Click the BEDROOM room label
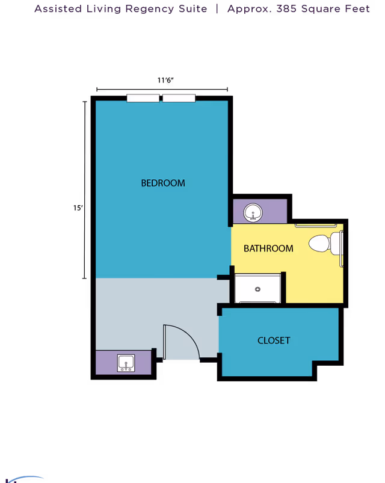click(x=163, y=183)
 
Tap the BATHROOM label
click(x=268, y=248)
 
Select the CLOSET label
click(x=274, y=340)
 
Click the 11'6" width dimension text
click(x=165, y=80)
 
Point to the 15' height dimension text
click(x=78, y=208)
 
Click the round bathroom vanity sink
click(x=253, y=212)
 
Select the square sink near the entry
click(x=126, y=363)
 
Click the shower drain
click(x=258, y=289)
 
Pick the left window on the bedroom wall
click(x=143, y=98)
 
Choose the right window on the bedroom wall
click(x=179, y=98)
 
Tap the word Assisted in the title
click(x=58, y=8)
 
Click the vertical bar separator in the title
click(x=217, y=9)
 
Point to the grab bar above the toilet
click(x=316, y=226)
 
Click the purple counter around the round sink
click(x=260, y=211)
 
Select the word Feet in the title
click(x=357, y=8)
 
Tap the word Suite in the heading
click(x=193, y=8)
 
